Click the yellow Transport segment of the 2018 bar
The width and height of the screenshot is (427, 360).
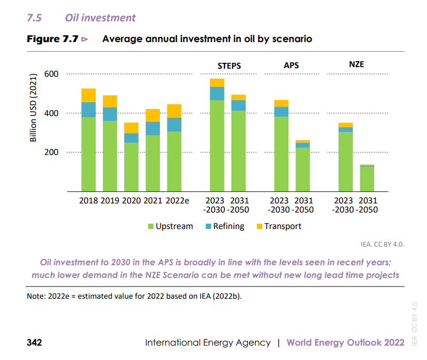(x=88, y=95)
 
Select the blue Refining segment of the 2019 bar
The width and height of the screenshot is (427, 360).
(x=110, y=114)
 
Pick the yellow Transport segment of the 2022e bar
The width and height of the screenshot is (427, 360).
(x=174, y=111)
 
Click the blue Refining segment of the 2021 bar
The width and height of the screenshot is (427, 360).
(x=153, y=128)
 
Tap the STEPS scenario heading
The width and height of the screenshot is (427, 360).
(x=229, y=66)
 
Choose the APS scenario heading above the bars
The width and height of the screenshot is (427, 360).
(x=291, y=66)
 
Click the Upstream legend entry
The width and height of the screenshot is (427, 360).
(x=170, y=226)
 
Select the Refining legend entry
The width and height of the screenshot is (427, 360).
(x=224, y=226)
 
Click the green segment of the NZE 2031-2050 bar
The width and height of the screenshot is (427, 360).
(x=367, y=179)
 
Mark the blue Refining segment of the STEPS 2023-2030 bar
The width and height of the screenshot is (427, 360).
(x=217, y=93)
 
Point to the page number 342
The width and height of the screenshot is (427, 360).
(x=34, y=342)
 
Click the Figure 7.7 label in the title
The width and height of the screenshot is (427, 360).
(x=52, y=39)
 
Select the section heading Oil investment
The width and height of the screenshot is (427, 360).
(x=100, y=18)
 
